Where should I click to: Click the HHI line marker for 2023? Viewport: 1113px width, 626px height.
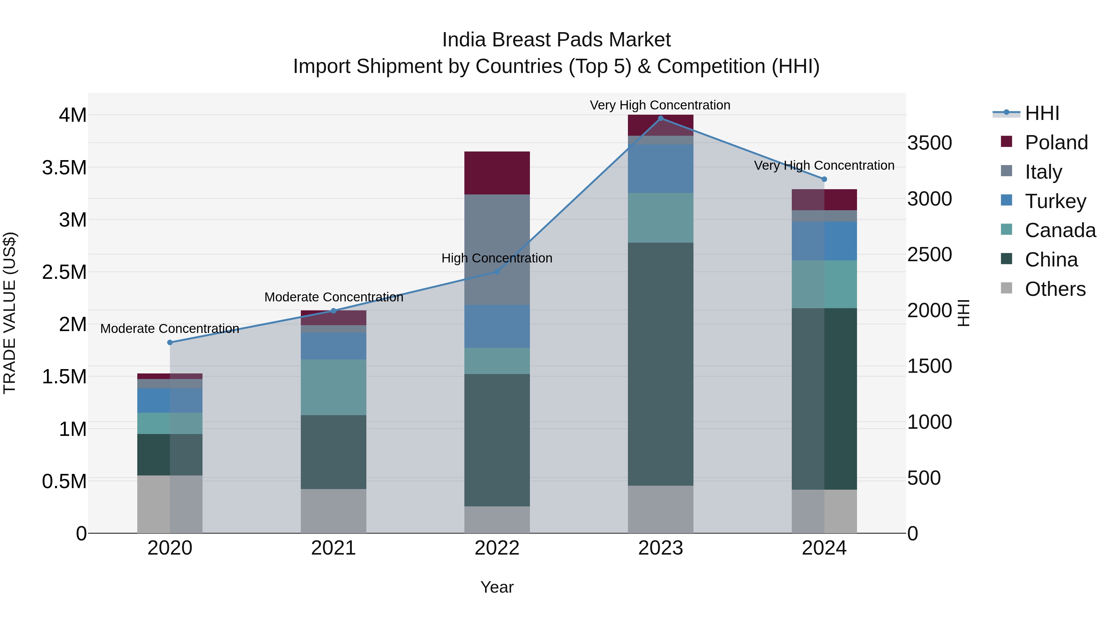click(660, 118)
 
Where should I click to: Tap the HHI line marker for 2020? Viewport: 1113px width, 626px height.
click(170, 343)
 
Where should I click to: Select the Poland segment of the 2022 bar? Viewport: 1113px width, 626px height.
click(497, 173)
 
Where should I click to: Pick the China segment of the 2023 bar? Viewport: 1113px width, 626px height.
click(660, 364)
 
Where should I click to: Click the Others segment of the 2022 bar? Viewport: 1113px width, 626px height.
click(497, 520)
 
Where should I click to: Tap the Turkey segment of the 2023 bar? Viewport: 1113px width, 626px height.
click(660, 168)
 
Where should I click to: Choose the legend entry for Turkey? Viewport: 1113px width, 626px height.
click(1055, 201)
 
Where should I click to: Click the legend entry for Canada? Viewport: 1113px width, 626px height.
click(1060, 231)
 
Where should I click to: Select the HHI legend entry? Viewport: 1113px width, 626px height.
click(1041, 113)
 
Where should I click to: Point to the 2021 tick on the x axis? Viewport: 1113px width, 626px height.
click(333, 548)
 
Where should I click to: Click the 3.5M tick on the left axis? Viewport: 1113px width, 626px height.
click(64, 168)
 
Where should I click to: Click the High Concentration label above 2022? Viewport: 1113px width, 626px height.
click(497, 258)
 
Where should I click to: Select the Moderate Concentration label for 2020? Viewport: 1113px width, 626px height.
click(170, 329)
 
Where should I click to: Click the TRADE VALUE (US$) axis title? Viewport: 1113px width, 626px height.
click(10, 313)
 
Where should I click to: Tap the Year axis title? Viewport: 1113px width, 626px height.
click(497, 587)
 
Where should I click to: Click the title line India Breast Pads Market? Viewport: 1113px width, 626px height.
click(556, 40)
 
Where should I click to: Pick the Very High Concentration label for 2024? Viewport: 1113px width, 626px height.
click(824, 165)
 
